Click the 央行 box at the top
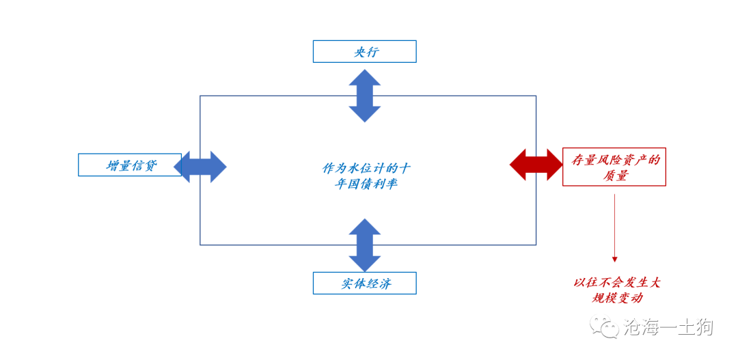coord(364,52)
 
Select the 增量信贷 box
coord(130,165)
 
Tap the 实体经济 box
coord(364,283)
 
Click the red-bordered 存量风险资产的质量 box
coord(614,167)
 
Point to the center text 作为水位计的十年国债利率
coord(367,176)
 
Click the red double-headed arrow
coord(536,165)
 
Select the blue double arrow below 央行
coord(365,96)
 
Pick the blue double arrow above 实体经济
coord(365,245)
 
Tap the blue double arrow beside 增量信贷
coord(200,166)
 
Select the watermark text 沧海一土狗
coord(668,328)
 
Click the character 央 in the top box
coord(359,52)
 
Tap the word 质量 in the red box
coord(614,176)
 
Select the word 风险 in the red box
coord(608,161)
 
